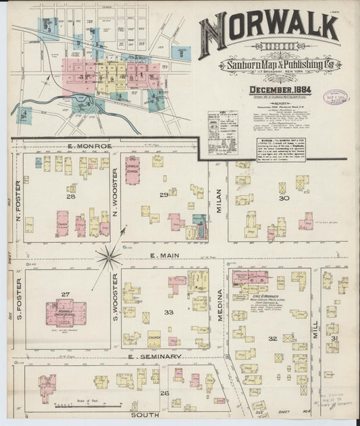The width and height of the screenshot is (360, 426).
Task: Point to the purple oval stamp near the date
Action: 336,97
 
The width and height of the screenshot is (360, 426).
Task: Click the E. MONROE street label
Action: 79,146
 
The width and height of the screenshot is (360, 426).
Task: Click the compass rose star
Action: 108,257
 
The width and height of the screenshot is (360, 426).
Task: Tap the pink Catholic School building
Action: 132,170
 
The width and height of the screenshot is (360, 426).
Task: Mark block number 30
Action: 284,198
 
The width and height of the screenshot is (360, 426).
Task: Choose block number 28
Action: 70,196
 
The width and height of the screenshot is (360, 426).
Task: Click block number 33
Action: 170,312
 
